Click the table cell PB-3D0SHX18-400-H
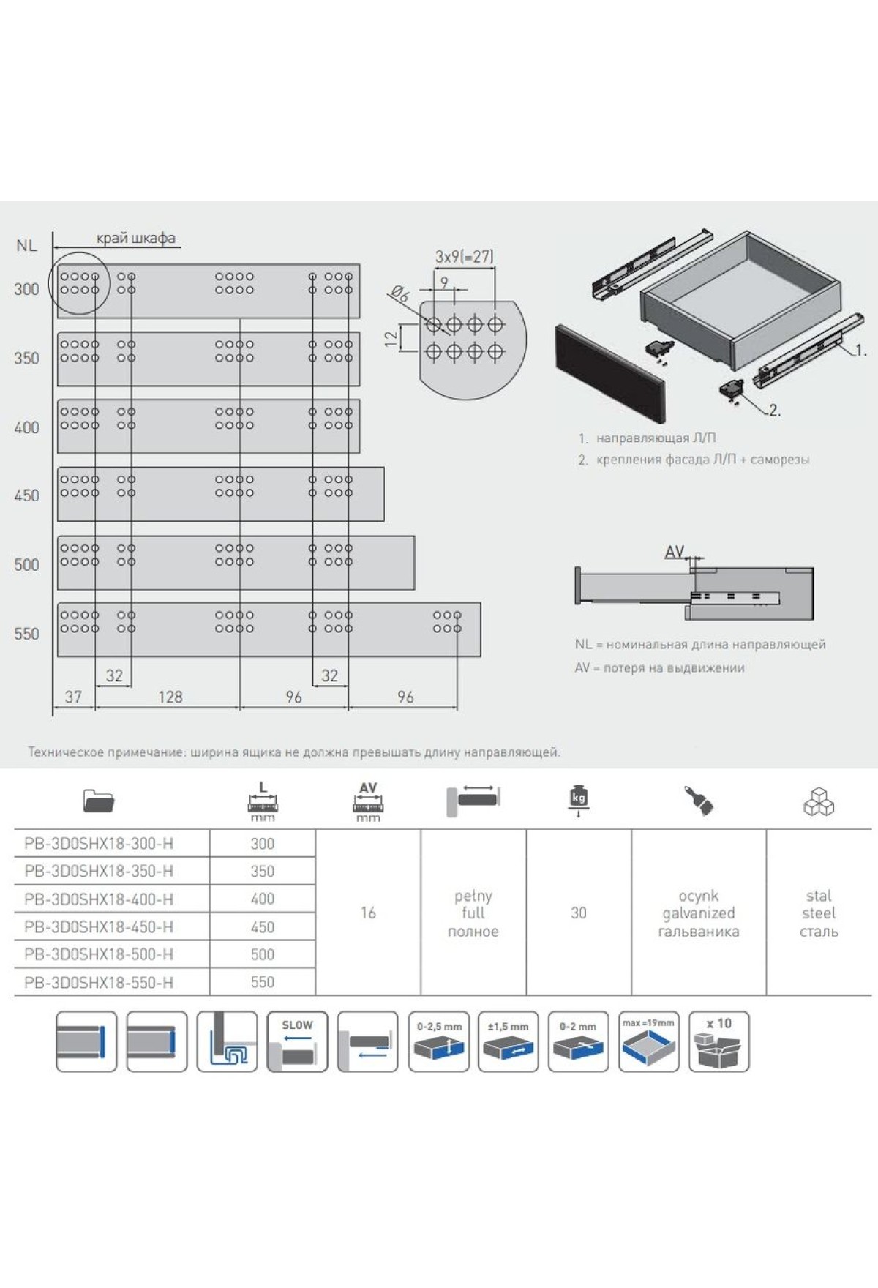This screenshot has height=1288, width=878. (99, 899)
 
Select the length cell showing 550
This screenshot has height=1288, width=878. (263, 982)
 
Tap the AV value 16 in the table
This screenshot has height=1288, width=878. (368, 913)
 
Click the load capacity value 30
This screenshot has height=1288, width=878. (579, 913)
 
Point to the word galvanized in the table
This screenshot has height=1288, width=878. (699, 913)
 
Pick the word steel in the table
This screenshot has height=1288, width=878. (819, 913)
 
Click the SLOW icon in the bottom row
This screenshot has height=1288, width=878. (297, 1041)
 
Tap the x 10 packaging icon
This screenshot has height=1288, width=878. (718, 1041)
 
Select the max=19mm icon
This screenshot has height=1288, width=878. (648, 1041)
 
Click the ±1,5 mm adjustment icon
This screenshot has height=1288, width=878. (508, 1041)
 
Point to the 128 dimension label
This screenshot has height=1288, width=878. (170, 697)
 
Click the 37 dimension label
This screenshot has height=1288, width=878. (73, 697)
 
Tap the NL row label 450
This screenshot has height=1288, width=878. (27, 495)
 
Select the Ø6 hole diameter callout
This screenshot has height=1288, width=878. (400, 295)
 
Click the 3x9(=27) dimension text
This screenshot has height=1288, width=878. (464, 257)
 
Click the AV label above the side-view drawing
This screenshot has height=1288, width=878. (675, 552)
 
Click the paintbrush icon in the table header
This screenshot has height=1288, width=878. (699, 801)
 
